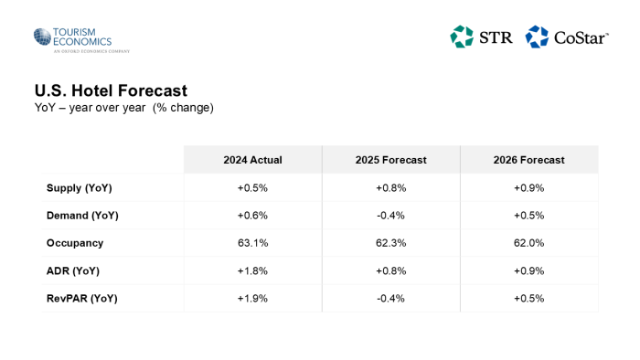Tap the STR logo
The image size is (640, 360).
(481, 37)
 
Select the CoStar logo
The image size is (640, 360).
(567, 37)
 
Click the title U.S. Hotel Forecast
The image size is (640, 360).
(111, 90)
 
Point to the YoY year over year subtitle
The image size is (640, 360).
(123, 108)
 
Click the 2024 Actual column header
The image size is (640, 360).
(252, 160)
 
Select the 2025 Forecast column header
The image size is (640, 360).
(390, 160)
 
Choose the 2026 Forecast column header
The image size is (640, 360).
(528, 160)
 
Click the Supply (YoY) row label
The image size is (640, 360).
(80, 188)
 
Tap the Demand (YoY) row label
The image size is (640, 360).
(82, 216)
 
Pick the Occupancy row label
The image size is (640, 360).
(75, 243)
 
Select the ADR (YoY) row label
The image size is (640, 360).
(73, 270)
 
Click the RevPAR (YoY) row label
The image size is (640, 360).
(82, 298)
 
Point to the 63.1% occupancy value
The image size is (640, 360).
(252, 243)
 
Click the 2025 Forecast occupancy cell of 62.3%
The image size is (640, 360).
(390, 243)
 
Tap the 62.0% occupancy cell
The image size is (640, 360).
(528, 243)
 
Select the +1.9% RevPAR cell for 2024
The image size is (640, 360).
(252, 298)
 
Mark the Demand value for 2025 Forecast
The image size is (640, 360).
(390, 216)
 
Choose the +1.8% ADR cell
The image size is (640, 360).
(252, 270)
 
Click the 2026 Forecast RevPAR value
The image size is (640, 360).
(528, 298)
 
